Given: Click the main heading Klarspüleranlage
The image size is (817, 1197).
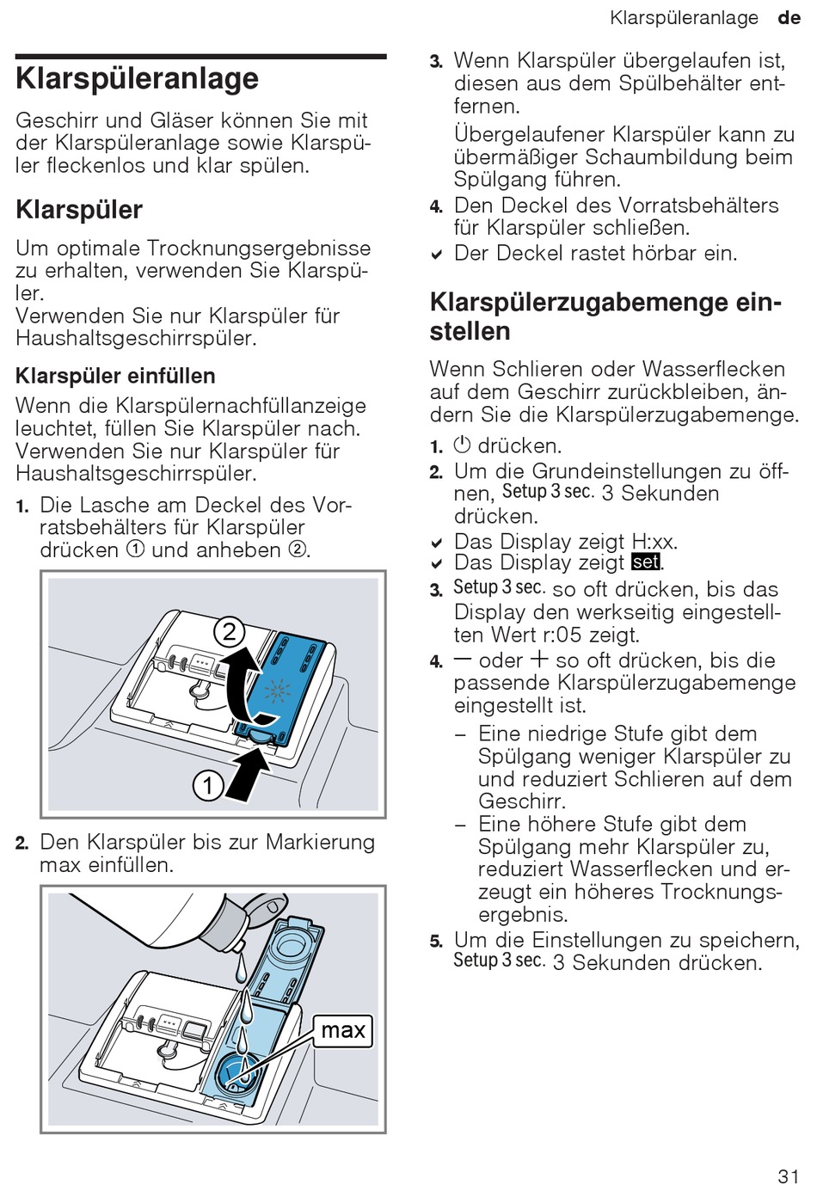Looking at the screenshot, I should click(x=137, y=78).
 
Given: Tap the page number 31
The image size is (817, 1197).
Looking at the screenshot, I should click(x=788, y=1176).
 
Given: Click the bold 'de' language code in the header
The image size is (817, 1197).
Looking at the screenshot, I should click(x=789, y=17).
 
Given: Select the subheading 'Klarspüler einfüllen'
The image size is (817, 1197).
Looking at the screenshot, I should click(x=115, y=376).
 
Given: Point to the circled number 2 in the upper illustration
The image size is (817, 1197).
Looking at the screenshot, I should click(x=230, y=633).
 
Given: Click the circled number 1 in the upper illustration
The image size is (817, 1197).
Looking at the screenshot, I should click(x=208, y=785).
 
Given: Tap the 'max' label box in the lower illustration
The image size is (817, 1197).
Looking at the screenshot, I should click(x=343, y=1030).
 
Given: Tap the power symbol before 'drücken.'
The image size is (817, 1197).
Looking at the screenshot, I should click(x=462, y=445).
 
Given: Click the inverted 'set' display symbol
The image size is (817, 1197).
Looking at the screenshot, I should click(x=646, y=562).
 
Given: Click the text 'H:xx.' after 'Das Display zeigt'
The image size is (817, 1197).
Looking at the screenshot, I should click(x=654, y=542).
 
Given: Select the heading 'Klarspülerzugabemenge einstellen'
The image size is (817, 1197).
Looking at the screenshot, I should click(x=605, y=316).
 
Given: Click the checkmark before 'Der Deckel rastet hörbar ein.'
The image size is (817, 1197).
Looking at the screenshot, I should click(x=437, y=255).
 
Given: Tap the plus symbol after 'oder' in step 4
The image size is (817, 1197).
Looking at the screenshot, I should click(x=539, y=660).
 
